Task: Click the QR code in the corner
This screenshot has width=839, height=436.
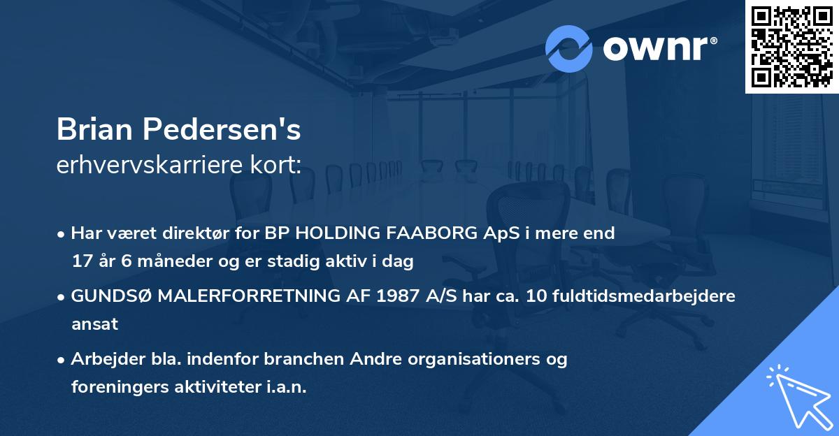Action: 791,46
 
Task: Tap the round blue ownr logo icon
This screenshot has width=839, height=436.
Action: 569,48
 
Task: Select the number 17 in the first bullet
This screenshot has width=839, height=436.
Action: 81,261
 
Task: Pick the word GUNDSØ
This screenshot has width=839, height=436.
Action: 110,296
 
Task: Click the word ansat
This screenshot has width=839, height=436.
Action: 94,324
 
